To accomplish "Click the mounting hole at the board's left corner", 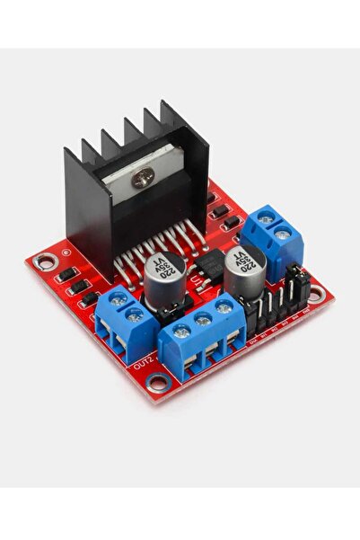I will tap(41, 262).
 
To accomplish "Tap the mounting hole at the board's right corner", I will tap(315, 291).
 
